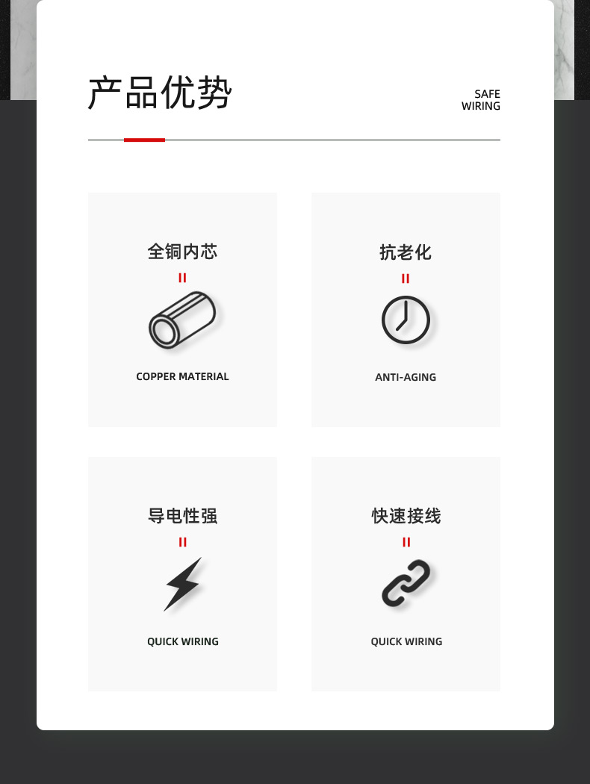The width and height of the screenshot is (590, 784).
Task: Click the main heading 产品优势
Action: [x=160, y=93]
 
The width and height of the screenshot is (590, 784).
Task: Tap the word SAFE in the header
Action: [x=488, y=94]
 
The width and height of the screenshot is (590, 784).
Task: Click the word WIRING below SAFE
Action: [x=481, y=106]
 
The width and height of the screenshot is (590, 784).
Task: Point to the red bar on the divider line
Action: [x=144, y=140]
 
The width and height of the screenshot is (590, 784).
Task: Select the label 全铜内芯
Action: [x=182, y=252]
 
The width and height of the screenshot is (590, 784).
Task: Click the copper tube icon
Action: [x=182, y=320]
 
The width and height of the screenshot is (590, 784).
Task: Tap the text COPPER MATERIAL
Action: [x=182, y=376]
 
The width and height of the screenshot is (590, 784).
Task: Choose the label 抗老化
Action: [x=406, y=252]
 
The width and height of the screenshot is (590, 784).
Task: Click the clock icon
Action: [x=406, y=320]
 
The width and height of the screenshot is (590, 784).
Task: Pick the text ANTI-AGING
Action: [x=406, y=377]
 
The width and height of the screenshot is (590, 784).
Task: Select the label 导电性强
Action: [x=182, y=515]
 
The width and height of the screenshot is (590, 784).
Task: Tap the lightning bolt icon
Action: [x=184, y=584]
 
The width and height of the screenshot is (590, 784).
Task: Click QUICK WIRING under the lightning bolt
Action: [x=182, y=641]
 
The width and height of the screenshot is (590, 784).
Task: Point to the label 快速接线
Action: [x=406, y=515]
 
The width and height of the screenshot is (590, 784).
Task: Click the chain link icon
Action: [x=406, y=583]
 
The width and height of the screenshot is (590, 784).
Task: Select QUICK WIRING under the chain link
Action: [x=406, y=641]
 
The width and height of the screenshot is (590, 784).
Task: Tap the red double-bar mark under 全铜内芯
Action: [x=182, y=278]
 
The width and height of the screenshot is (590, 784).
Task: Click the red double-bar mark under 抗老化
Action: [x=406, y=279]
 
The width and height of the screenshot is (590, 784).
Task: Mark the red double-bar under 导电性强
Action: [x=182, y=542]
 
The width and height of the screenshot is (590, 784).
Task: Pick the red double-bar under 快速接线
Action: [x=406, y=542]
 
